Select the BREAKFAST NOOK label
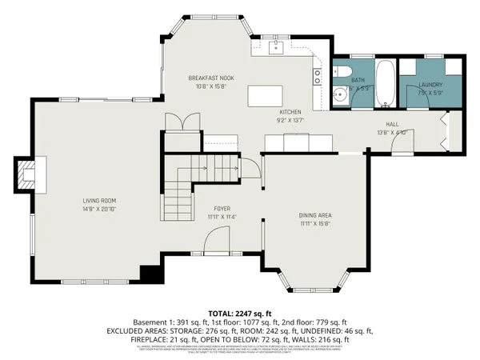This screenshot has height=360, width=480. [x=210, y=78]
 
